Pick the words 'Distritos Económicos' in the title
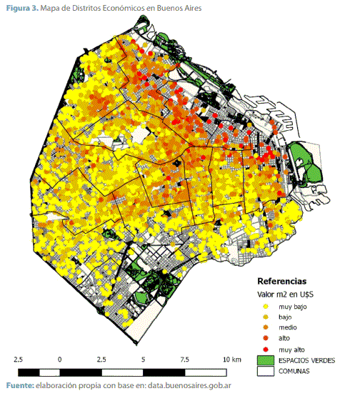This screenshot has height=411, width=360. click(x=106, y=8)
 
